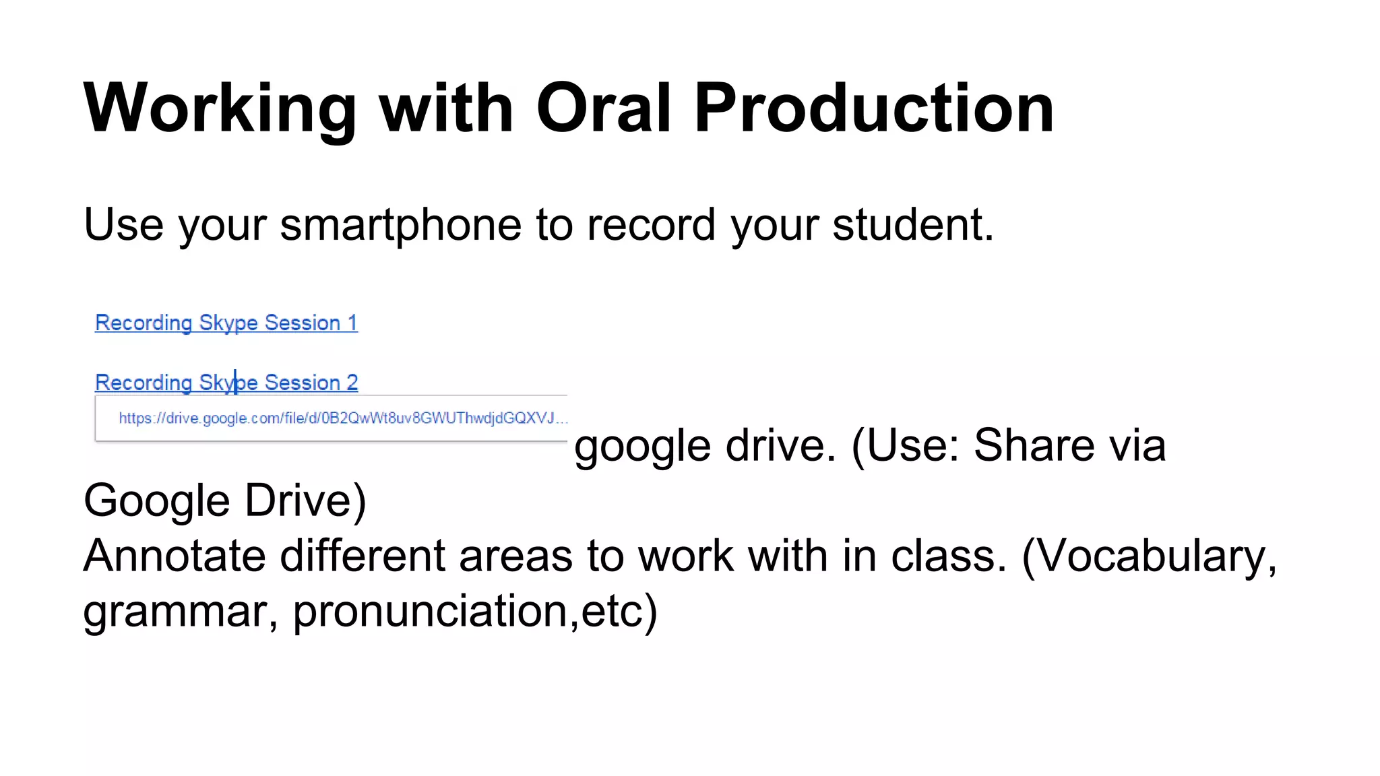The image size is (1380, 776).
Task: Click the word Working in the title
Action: point(220,108)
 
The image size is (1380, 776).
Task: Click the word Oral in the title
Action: point(604,108)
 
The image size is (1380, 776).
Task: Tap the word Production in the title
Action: point(873,108)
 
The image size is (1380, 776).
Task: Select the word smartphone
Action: point(400,225)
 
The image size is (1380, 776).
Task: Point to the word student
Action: point(912,225)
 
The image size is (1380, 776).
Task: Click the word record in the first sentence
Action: point(651,225)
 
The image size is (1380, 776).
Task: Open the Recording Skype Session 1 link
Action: point(226,323)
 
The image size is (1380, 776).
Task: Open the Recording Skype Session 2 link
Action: point(226,383)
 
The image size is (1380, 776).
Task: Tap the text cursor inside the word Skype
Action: point(235,382)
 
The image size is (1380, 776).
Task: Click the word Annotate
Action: point(172,556)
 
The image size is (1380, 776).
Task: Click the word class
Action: point(948,556)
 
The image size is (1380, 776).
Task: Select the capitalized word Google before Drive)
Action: point(156,501)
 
